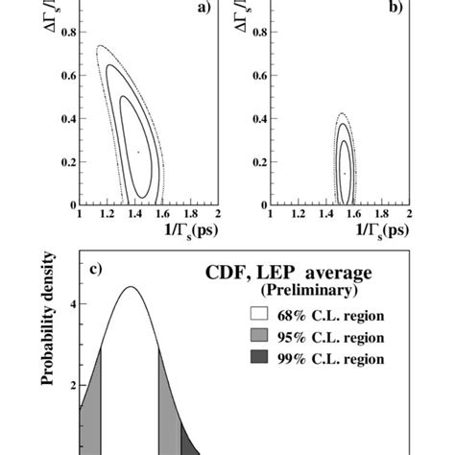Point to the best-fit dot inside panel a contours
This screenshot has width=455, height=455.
138,152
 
